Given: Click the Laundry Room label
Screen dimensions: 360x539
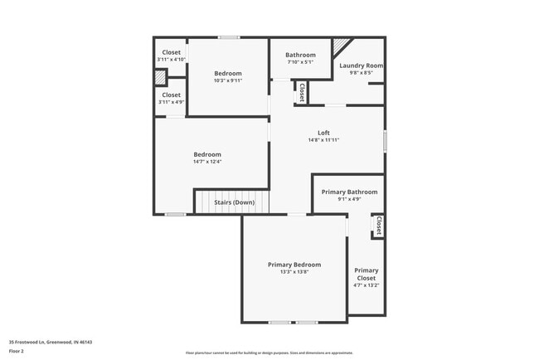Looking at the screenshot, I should pyautogui.click(x=362, y=66).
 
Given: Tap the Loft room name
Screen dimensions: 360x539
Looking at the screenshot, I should pyautogui.click(x=323, y=133).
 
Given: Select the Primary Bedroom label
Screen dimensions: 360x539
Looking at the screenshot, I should pyautogui.click(x=294, y=265).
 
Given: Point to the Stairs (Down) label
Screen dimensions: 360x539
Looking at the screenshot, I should pyautogui.click(x=235, y=202).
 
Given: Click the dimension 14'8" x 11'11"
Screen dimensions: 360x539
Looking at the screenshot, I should pyautogui.click(x=323, y=140).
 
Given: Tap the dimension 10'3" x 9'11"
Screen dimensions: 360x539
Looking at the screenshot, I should pyautogui.click(x=228, y=80).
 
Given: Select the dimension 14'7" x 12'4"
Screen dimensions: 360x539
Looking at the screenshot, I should pyautogui.click(x=207, y=162).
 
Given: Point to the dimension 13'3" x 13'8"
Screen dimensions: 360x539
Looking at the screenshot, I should pyautogui.click(x=294, y=272).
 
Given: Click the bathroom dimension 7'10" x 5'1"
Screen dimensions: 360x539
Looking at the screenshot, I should pyautogui.click(x=300, y=62).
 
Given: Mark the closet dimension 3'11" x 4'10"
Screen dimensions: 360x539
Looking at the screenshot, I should pyautogui.click(x=172, y=60).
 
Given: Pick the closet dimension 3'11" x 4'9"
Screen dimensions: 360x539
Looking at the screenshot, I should pyautogui.click(x=172, y=102).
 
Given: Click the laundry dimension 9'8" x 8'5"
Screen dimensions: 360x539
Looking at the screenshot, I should pyautogui.click(x=362, y=73).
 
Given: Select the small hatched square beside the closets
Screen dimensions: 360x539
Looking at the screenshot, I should pyautogui.click(x=160, y=77).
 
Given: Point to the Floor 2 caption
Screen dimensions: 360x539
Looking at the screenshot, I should pyautogui.click(x=17, y=351).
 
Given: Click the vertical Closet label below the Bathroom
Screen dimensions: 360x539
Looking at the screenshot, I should pyautogui.click(x=301, y=92).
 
